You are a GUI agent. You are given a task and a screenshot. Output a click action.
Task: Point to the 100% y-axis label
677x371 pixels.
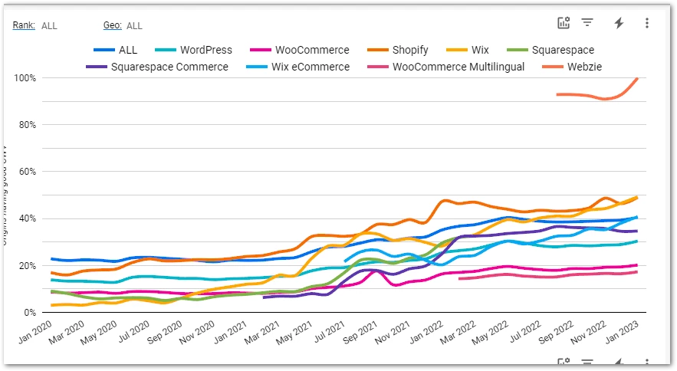25,78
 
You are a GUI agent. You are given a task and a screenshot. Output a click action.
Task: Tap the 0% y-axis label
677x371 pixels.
31,313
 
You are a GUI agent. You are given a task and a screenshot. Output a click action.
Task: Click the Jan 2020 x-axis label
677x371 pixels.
35,331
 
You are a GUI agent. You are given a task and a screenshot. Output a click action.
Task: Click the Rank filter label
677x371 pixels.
23,25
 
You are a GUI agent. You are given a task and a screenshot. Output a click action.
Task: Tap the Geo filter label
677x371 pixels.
112,25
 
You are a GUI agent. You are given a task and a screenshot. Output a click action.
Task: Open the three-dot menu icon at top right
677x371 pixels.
647,23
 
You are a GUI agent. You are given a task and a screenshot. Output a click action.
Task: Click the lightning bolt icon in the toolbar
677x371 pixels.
619,23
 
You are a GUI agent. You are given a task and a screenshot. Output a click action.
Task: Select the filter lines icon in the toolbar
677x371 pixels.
587,23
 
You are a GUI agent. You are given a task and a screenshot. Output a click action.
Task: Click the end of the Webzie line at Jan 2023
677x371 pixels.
637,78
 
